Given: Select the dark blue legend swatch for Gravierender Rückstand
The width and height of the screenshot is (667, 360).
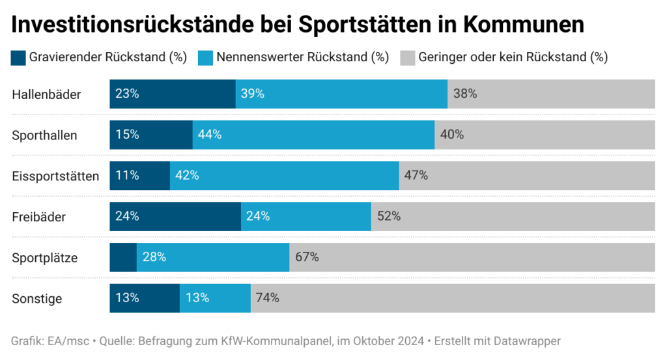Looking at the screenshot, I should (x=18, y=57).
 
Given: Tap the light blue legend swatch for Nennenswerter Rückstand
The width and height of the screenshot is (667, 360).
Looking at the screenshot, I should (x=206, y=57).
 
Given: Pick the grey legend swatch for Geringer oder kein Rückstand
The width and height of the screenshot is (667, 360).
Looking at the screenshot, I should (x=407, y=57).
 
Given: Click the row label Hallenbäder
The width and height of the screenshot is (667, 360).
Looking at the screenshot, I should (x=46, y=94).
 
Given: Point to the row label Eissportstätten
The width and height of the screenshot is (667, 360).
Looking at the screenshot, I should (x=55, y=176).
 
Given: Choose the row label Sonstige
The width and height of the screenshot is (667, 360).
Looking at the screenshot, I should (x=37, y=298).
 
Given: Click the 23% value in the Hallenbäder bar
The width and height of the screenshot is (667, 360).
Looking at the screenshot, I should (x=127, y=94).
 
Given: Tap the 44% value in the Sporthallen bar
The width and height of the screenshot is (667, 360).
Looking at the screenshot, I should (x=210, y=135).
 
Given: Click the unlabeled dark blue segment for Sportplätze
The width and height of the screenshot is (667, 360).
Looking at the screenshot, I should (x=122, y=257).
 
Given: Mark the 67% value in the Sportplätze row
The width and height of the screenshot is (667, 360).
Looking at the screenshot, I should (x=307, y=257).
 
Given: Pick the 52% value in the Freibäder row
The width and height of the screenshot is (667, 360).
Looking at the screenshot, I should (x=388, y=216).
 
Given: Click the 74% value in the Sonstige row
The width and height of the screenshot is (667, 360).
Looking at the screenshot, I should (x=268, y=298).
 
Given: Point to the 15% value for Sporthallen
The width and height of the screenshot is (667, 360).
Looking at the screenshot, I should (x=127, y=135).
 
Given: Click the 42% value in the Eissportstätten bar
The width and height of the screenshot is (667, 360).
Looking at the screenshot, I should (x=187, y=176).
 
